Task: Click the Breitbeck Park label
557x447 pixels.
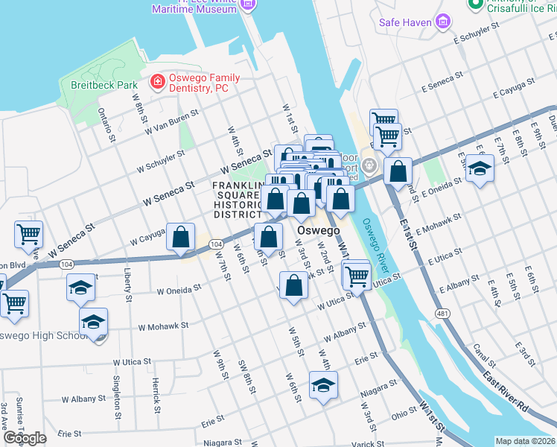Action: pyautogui.click(x=103, y=85)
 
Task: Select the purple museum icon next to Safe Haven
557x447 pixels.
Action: pyautogui.click(x=444, y=22)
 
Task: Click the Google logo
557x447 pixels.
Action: pyautogui.click(x=25, y=437)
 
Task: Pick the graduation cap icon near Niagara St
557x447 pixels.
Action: pyautogui.click(x=324, y=386)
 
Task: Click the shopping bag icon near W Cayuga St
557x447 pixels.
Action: pyautogui.click(x=181, y=238)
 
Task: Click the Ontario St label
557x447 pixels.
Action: pyautogui.click(x=107, y=124)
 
